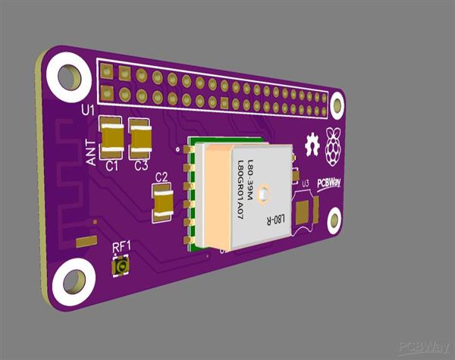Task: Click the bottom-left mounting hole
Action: click(x=74, y=281)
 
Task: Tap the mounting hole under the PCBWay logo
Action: click(x=334, y=221)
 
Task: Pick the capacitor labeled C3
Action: click(x=141, y=138)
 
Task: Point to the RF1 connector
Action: click(x=120, y=267)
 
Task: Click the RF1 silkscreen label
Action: click(x=121, y=246)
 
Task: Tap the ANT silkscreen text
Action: click(x=91, y=152)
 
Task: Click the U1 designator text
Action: click(x=88, y=111)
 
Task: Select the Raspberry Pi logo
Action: click(x=333, y=146)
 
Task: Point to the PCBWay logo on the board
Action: click(x=329, y=183)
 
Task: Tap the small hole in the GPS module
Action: click(x=262, y=195)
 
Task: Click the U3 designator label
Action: click(x=305, y=183)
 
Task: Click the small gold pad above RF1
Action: click(x=86, y=241)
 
